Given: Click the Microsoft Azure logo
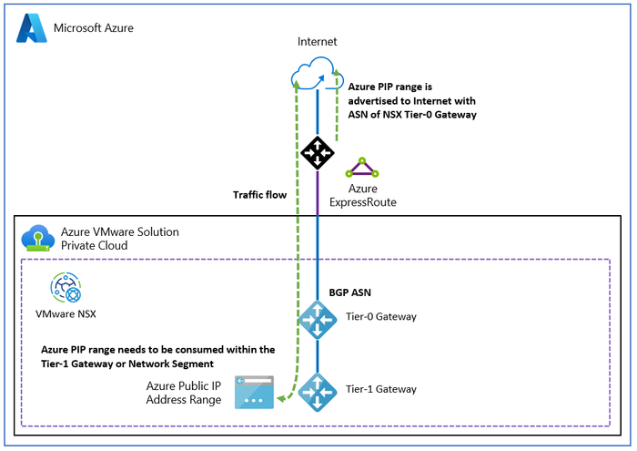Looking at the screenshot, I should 32,28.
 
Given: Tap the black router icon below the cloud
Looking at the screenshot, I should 317,152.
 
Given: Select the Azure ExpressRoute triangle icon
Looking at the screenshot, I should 362,168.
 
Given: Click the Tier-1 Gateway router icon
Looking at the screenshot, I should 317,390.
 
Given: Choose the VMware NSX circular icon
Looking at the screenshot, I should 68,289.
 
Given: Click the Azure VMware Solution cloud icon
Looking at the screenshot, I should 36,238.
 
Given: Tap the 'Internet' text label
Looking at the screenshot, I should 317,42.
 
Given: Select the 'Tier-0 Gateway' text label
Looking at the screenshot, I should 381,317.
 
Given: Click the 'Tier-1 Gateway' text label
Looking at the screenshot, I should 381,389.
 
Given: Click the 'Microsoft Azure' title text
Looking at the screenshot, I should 94,27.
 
